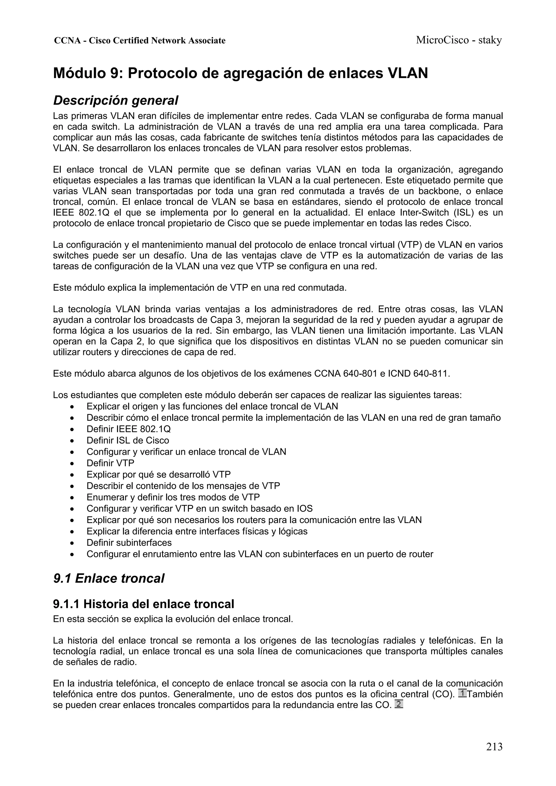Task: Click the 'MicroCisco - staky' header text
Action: coord(459,40)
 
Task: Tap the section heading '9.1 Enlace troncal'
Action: coord(109,578)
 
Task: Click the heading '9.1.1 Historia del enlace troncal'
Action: coord(144,604)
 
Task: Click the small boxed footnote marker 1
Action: coord(462,693)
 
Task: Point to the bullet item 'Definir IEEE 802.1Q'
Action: coord(128,429)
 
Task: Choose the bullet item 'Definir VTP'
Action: coord(110,463)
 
